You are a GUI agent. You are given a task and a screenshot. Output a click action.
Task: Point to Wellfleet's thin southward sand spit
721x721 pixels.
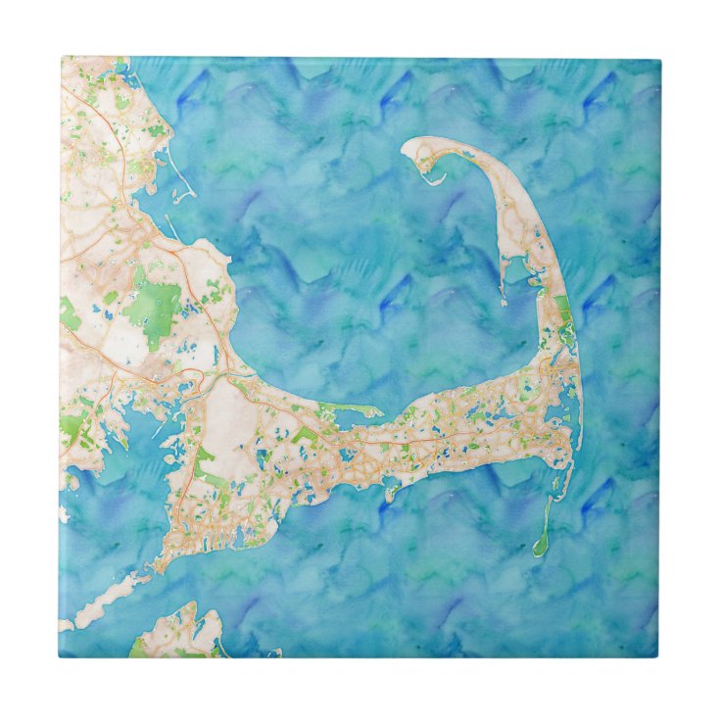click(x=503, y=268)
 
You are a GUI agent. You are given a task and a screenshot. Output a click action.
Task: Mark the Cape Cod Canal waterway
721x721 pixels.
click(x=211, y=373)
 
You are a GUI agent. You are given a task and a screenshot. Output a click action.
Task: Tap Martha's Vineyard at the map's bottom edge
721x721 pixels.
click(x=176, y=632)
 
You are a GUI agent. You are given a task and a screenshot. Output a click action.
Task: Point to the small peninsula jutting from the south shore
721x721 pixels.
click(x=392, y=490)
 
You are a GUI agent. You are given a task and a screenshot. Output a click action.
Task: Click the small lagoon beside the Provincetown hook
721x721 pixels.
click(x=441, y=167)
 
